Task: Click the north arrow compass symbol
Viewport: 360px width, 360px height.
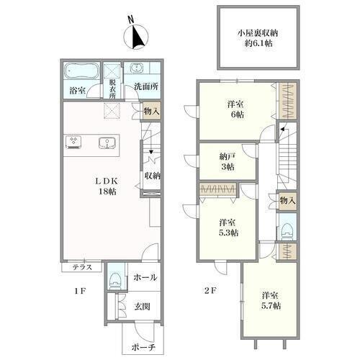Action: tap(136, 37)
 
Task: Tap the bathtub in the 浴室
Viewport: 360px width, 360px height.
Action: tap(81, 71)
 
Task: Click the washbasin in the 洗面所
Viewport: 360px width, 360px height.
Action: tap(136, 68)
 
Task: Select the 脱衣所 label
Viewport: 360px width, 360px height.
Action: tap(112, 89)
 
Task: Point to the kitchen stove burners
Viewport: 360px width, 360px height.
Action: tap(73, 142)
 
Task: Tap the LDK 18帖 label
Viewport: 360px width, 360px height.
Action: tap(107, 186)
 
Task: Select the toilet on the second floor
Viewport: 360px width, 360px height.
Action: tap(287, 231)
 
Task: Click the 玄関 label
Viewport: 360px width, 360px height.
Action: tap(142, 307)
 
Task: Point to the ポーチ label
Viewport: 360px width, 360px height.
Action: tap(143, 347)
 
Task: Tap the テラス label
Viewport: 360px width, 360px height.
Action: tap(82, 267)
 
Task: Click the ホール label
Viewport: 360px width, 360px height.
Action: tap(145, 278)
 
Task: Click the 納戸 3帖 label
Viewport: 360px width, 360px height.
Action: tap(228, 161)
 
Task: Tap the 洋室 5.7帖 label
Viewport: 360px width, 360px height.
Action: tap(271, 300)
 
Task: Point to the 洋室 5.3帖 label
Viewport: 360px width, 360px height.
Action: tap(228, 228)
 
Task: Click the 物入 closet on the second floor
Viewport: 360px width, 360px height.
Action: tap(287, 201)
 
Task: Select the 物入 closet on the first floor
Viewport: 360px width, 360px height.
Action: tap(151, 111)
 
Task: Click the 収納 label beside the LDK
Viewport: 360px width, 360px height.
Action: tap(153, 176)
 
